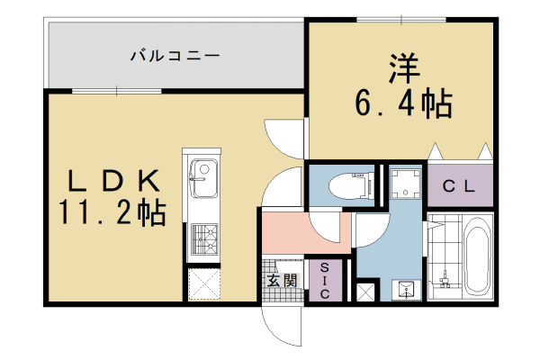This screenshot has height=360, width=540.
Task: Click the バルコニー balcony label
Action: point(175,56)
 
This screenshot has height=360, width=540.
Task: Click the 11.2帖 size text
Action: point(112,212)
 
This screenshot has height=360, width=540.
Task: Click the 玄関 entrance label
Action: point(282,281)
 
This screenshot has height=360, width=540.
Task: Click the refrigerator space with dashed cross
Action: point(202,284)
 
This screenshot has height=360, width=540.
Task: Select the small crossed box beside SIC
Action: point(365,292)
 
